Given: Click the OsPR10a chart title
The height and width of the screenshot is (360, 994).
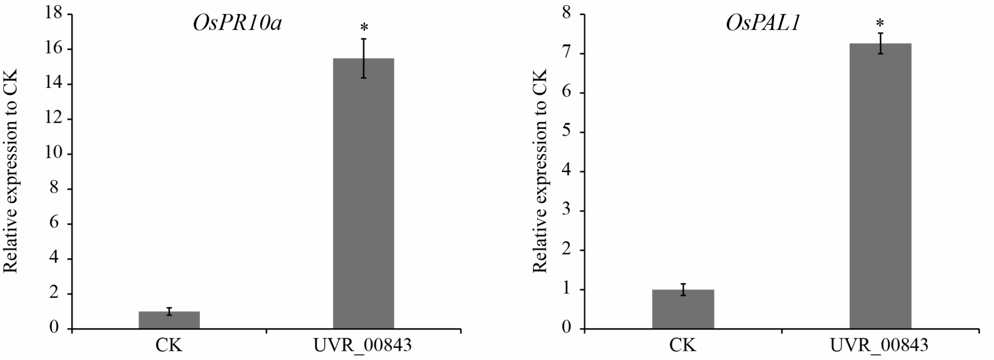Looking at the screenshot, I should click(x=237, y=24).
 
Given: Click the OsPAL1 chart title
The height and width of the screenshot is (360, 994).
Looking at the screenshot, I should click(x=762, y=24).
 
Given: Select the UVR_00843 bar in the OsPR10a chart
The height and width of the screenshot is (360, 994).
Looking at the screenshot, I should click(x=363, y=194).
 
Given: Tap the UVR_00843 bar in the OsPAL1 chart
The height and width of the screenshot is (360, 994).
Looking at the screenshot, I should click(x=880, y=187).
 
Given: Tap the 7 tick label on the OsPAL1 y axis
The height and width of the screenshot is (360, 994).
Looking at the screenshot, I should click(x=567, y=53).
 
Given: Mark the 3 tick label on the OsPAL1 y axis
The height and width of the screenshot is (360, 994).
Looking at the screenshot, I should click(x=567, y=211).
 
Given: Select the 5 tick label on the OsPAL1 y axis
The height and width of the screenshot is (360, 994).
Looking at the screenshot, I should click(x=567, y=132).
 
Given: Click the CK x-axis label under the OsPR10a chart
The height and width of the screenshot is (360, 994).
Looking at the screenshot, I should click(x=169, y=345).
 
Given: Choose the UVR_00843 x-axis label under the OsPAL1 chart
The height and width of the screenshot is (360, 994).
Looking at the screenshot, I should click(x=879, y=345).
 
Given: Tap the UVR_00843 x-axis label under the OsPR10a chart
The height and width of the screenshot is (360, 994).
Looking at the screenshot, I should click(x=363, y=345).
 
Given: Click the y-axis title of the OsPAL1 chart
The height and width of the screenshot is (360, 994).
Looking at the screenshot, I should click(x=540, y=171).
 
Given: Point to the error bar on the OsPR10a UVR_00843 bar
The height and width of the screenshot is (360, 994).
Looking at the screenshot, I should click(x=364, y=58).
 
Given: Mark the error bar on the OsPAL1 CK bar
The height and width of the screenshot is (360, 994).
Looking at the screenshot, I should click(x=683, y=290).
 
